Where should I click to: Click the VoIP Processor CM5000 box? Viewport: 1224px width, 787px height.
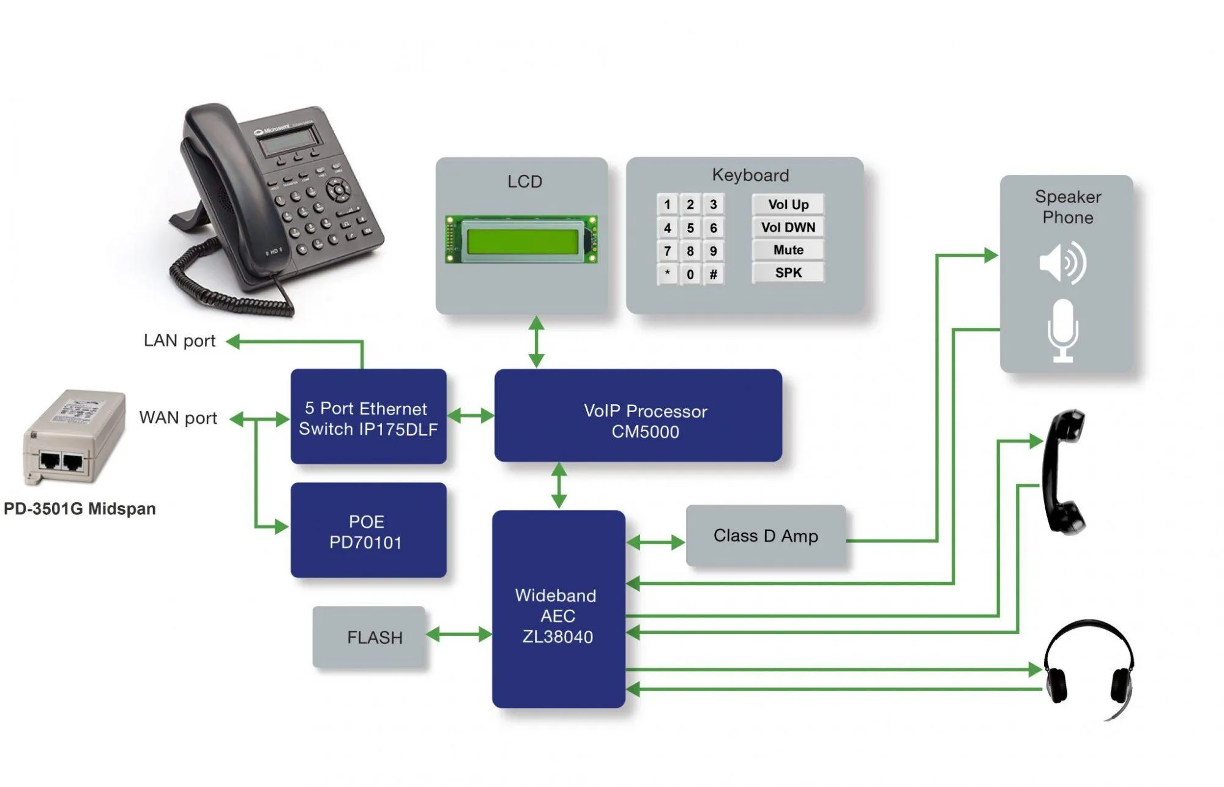coord(638,416)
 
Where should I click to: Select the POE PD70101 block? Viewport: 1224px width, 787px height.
coord(368,531)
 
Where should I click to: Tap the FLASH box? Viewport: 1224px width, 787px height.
coord(369,637)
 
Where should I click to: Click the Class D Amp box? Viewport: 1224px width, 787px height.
coord(765,536)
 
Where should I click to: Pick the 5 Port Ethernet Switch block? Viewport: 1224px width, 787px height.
coord(368,417)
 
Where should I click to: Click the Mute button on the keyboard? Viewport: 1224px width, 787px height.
coord(788,250)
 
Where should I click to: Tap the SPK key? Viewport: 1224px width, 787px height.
coord(788,273)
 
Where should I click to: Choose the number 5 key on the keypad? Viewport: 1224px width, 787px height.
coord(690,228)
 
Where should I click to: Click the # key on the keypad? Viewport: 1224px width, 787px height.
coord(713,274)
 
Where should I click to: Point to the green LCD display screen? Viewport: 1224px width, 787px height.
coord(522,241)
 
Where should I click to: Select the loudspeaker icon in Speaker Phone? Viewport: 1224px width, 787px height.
coord(1062,263)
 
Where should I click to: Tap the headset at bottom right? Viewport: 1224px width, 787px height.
coord(1089,670)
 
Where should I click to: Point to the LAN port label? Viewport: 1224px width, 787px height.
coord(179,341)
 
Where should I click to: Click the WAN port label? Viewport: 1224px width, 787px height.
coord(178,418)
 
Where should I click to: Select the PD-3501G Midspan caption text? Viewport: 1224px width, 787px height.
coord(80,509)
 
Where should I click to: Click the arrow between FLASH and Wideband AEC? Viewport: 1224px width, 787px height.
coord(459,634)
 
